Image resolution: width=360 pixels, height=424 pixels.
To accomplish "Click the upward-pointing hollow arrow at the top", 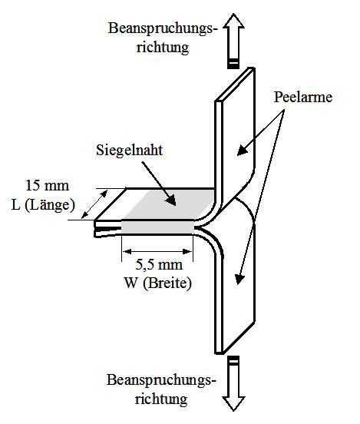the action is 233,41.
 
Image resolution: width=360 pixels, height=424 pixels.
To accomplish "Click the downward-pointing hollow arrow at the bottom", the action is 233,383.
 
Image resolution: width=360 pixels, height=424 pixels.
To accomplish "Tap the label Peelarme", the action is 303,97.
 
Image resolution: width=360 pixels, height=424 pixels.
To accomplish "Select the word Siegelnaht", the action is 130,150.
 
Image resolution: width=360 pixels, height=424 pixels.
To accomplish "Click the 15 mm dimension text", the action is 48,186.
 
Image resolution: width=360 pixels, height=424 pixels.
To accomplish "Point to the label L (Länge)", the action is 43,204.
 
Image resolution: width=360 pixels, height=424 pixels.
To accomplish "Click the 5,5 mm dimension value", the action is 159,264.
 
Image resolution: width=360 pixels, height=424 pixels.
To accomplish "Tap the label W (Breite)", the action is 158,283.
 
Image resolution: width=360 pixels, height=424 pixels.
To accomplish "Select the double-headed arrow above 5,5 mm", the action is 157,252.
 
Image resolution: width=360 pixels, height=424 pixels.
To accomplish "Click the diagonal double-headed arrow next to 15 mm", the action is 94,204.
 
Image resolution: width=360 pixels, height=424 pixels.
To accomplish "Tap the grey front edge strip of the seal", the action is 157,227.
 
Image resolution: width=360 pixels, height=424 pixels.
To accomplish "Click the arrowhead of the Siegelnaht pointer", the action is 171,200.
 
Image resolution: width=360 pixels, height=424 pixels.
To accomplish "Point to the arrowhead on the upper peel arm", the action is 242,151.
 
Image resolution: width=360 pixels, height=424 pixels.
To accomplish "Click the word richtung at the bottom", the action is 161,399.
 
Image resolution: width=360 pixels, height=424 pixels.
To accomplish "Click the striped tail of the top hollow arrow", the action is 233,63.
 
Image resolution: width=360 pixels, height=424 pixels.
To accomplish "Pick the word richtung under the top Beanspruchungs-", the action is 163,48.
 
